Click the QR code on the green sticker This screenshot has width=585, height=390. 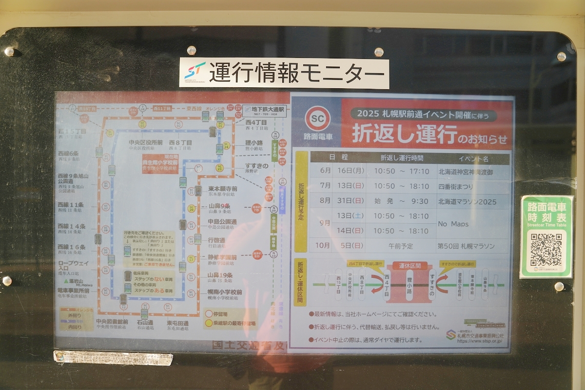(546, 250)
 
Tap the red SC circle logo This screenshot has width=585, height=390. (318, 119)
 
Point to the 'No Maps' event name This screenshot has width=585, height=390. (453, 224)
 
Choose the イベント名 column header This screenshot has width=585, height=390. (473, 158)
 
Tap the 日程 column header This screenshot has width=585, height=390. (338, 158)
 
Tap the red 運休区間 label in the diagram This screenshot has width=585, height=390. (409, 266)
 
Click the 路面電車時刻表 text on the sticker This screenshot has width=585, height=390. (546, 212)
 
